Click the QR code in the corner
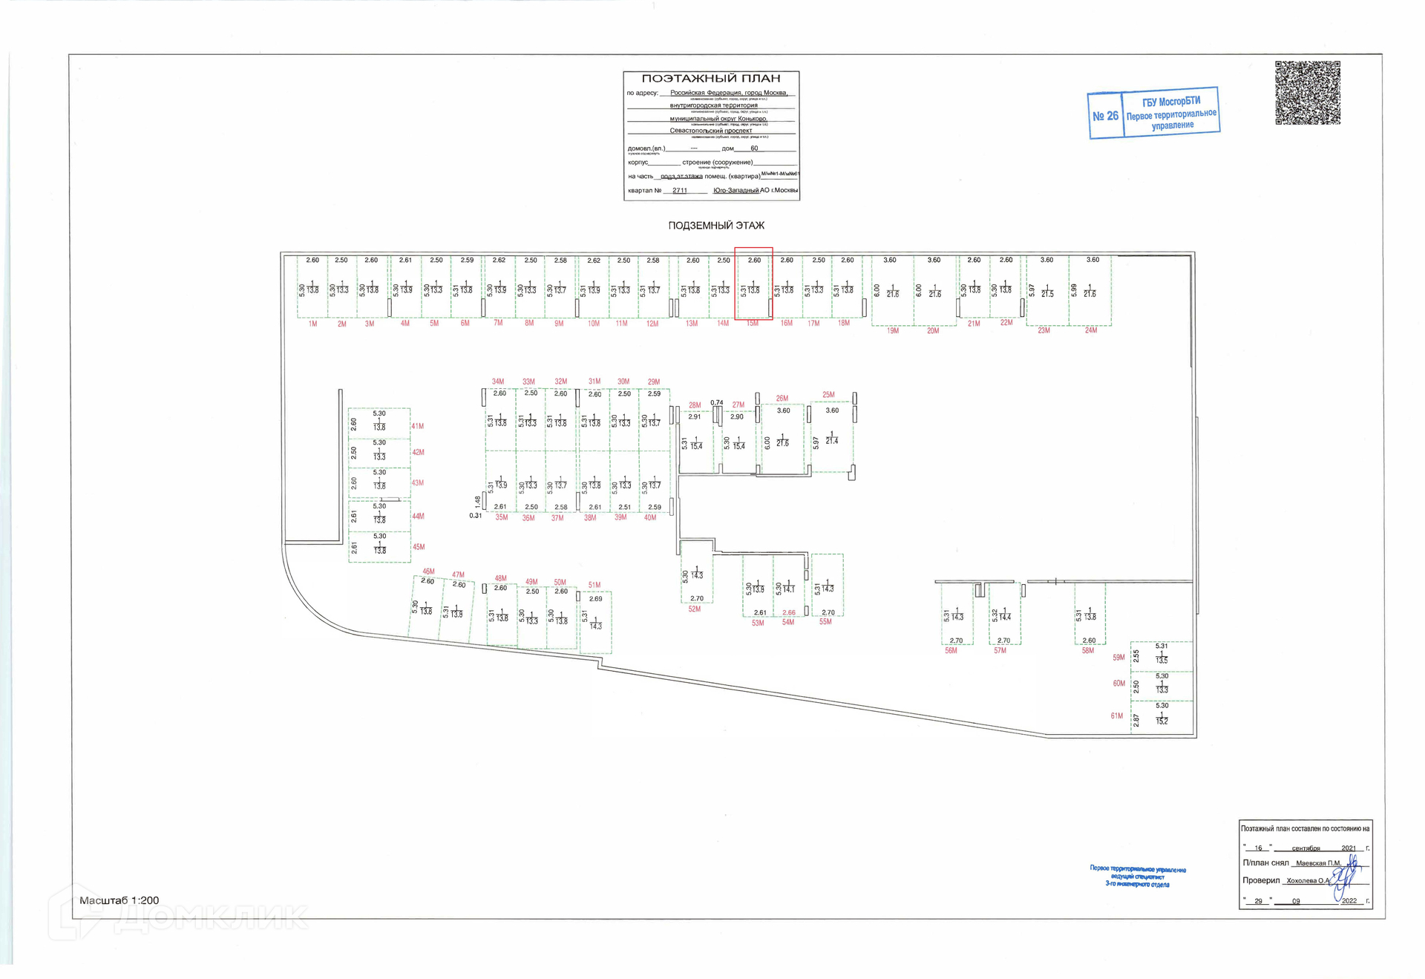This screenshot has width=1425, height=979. (1307, 93)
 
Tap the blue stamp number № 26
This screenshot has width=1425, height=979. (1105, 116)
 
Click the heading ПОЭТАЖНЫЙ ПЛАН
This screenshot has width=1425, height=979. (710, 79)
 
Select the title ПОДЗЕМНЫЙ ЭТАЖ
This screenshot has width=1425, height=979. (715, 226)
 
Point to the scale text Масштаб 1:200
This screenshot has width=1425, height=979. (119, 900)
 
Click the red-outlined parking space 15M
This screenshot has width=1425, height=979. (753, 284)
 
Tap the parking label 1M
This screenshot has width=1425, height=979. (312, 324)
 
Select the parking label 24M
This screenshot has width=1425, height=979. (1090, 330)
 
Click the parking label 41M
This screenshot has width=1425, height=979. (418, 427)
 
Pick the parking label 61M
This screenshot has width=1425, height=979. (1116, 716)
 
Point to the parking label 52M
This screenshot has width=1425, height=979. (694, 609)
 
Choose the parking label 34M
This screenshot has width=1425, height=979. (497, 382)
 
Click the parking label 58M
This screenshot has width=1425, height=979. (1087, 651)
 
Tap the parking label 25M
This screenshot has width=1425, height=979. (828, 395)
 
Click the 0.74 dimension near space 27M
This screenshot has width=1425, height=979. (716, 403)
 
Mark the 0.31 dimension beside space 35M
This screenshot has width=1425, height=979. (475, 516)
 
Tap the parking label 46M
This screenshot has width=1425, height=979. (428, 572)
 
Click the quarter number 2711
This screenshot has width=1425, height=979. (679, 191)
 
